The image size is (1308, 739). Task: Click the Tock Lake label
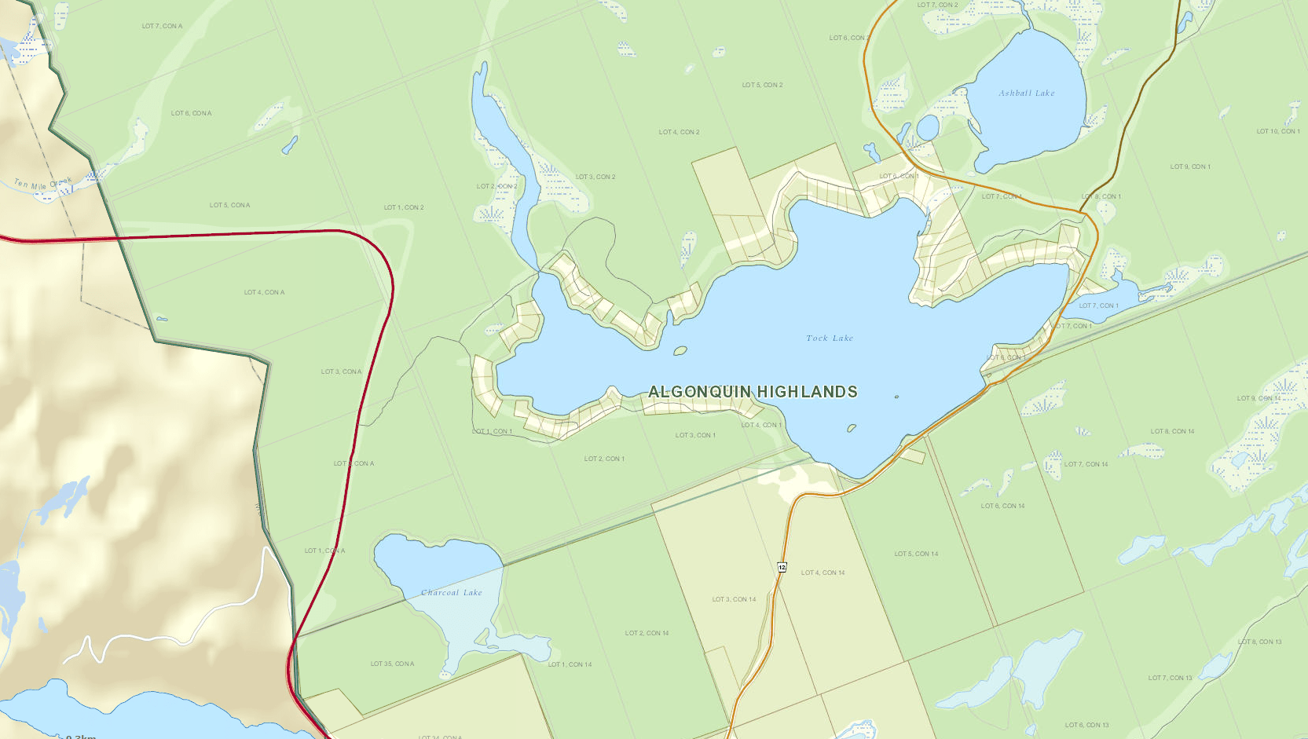829,338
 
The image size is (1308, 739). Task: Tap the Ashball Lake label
1026,93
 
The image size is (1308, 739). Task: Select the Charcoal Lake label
451,593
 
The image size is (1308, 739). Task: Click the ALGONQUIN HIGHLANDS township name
753,392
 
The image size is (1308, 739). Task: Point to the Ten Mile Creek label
42,185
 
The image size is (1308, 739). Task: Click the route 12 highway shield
782,567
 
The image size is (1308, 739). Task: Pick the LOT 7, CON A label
162,26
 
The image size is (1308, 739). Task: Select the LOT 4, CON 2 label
679,132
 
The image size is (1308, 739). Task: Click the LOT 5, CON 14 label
916,554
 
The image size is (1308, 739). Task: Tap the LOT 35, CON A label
392,664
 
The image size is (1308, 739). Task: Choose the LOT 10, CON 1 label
1277,131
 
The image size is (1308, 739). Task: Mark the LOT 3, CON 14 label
734,599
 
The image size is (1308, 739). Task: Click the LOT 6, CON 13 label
1086,725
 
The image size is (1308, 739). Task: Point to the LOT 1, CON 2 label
404,207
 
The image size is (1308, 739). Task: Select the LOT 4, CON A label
264,292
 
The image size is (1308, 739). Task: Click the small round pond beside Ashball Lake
928,127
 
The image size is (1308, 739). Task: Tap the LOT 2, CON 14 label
647,633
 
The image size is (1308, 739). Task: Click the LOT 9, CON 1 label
1189,166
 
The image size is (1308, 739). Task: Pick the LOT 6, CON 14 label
1002,506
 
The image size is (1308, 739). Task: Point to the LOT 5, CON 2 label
762,85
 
